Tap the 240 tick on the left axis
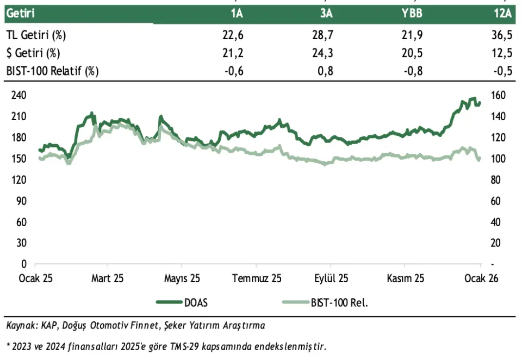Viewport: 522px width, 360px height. pos(19,95)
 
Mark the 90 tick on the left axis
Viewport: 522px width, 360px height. pos(21,201)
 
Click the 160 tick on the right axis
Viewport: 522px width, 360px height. pos(499,95)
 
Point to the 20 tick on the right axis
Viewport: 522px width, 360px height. pos(496,243)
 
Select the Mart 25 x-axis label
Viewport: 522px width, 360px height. pos(108,278)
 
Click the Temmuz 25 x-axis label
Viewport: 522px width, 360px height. pos(257,278)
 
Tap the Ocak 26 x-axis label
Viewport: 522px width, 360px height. pos(481,278)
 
